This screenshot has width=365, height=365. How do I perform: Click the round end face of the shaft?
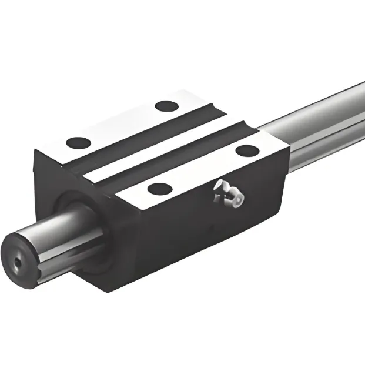(21, 262)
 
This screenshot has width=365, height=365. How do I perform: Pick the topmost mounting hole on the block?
(166, 106)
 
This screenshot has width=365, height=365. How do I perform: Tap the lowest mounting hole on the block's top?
(159, 189)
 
